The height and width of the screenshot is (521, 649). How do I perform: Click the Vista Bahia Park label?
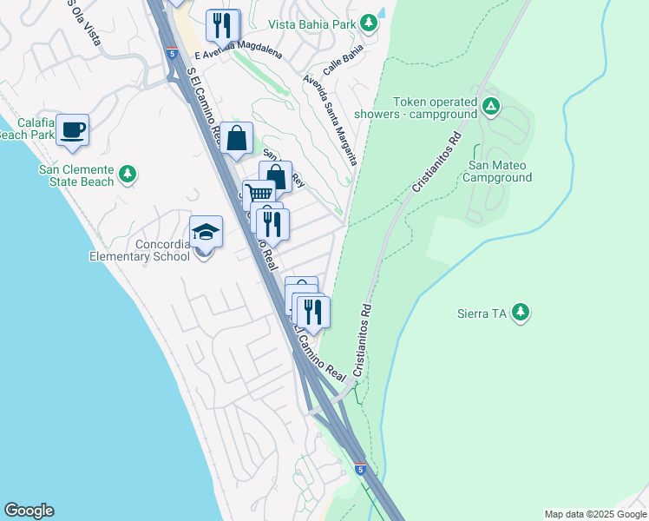(311, 24)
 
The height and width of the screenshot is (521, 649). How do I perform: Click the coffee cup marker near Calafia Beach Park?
(73, 130)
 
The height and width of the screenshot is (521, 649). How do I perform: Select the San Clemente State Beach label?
(75, 175)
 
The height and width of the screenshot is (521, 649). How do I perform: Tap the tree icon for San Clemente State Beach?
(128, 175)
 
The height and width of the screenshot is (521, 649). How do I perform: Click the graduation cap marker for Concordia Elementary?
(206, 232)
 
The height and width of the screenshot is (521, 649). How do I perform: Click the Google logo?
(29, 511)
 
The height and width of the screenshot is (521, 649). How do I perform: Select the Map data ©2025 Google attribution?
(594, 514)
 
